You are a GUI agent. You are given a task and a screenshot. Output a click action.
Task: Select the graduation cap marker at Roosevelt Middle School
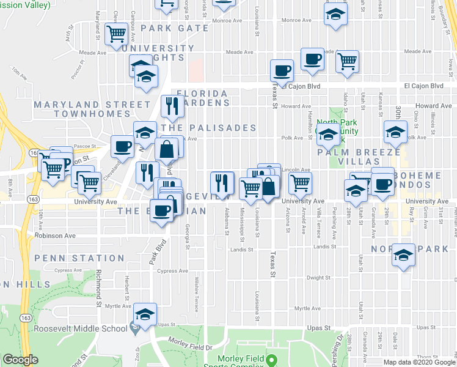coord(145,315)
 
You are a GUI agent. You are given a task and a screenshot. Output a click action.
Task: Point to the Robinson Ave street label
coord(56,235)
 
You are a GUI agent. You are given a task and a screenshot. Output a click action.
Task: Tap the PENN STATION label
coord(79,259)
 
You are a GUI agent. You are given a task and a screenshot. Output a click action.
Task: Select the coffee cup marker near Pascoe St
coord(122,147)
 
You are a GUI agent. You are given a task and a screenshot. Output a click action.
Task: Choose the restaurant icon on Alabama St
coord(221,182)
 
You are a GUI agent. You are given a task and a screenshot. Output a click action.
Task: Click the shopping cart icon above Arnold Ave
coord(300,182)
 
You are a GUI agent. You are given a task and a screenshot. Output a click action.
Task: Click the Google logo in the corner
coord(20,360)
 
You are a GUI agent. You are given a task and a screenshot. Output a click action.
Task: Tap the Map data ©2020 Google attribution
coord(419,362)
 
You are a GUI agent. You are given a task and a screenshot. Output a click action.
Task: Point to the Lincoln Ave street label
coord(297,170)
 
